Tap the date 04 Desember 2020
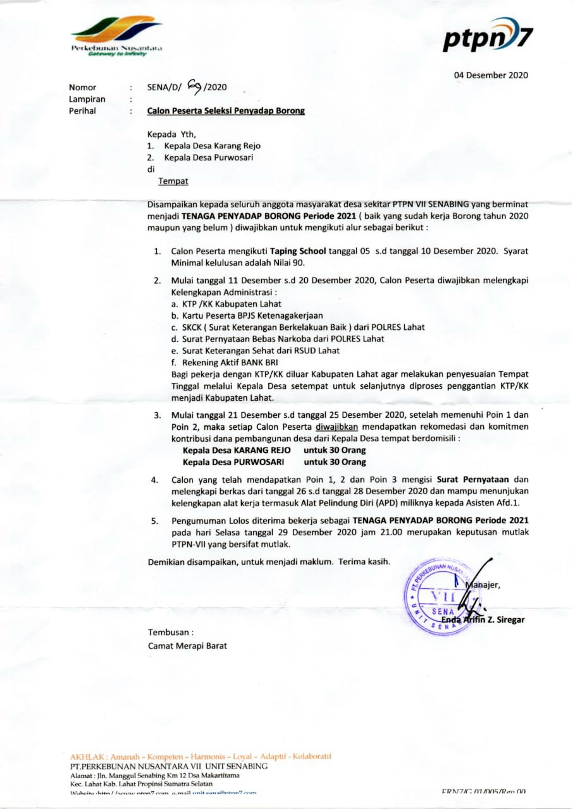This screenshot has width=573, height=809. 491,75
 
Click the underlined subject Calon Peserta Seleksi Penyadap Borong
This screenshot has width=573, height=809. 226,111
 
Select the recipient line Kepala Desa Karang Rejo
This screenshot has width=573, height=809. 212,145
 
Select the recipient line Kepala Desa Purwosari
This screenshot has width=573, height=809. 208,157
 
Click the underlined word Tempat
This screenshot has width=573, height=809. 173,181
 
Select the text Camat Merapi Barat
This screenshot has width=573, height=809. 187,645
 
